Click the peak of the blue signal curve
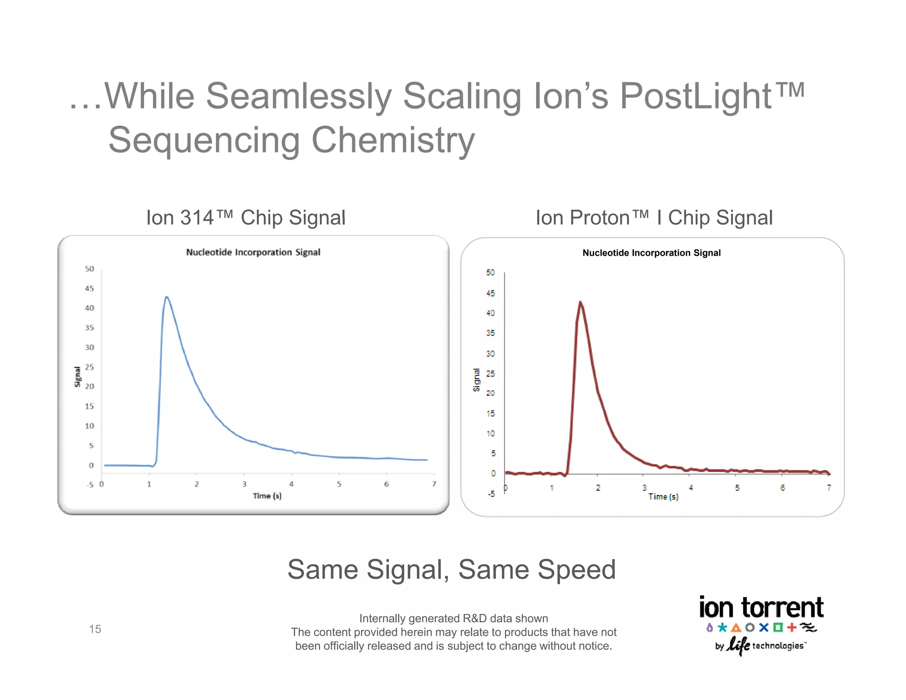click(166, 297)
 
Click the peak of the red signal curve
click(580, 303)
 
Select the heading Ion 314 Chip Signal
click(246, 218)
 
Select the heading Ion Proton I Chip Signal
click(654, 218)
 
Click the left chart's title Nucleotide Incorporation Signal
click(253, 252)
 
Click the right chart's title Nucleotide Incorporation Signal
click(651, 253)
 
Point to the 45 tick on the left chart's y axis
click(89, 288)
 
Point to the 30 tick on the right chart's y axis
click(490, 354)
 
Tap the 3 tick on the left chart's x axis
click(244, 484)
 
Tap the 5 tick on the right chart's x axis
click(737, 488)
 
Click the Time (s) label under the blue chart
click(267, 496)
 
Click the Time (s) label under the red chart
click(663, 497)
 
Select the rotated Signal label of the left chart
click(77, 377)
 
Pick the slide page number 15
click(95, 629)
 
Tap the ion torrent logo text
click(761, 608)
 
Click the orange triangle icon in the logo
click(736, 627)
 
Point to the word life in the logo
click(738, 645)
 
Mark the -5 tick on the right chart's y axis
click(491, 494)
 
